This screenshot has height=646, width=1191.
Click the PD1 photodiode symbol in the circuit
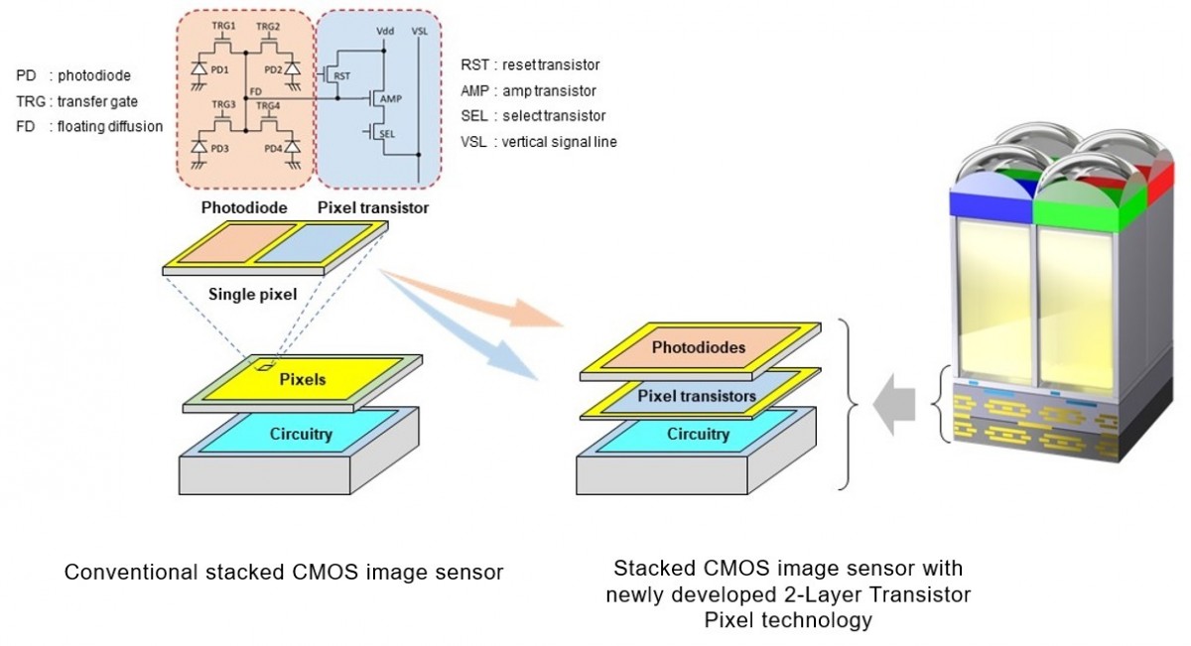(x=199, y=70)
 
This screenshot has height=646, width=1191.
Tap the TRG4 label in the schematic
(x=267, y=105)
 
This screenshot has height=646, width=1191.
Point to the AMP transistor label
(x=390, y=98)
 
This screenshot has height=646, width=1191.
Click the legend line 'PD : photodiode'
(x=73, y=75)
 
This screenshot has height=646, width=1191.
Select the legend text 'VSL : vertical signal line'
(x=538, y=142)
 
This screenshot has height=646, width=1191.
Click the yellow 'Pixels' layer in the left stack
(x=304, y=379)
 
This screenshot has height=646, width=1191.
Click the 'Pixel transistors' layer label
(x=697, y=396)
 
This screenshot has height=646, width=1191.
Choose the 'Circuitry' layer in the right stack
(x=698, y=434)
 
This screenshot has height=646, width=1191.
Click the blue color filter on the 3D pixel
(x=993, y=200)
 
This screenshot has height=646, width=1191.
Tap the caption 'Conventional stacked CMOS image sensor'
(x=283, y=573)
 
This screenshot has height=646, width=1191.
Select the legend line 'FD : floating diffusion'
(x=89, y=126)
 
